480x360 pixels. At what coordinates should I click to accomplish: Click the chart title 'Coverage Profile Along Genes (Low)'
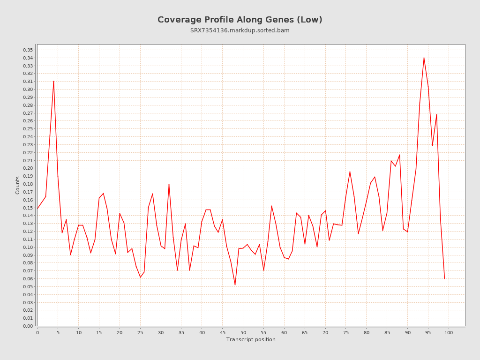coord(240,20)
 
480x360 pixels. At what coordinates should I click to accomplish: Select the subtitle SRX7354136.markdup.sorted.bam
coord(240,30)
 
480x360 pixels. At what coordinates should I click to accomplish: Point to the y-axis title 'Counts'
coord(18,185)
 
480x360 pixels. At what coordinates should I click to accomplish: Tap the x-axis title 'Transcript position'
coord(251,339)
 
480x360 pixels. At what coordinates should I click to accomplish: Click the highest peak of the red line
coord(424,58)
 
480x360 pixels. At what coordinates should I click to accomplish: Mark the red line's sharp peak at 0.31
coord(53,81)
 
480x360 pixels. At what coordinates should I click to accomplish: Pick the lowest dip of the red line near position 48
coord(235,285)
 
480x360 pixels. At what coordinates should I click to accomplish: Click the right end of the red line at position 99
coord(444,278)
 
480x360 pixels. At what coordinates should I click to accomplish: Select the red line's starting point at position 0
coord(37,208)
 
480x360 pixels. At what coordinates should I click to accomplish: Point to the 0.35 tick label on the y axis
coord(28,50)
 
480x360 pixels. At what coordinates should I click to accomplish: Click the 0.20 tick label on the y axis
coord(28,168)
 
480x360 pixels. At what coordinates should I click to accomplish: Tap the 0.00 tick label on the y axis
coord(28,326)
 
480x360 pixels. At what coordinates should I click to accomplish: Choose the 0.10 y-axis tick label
coord(28,247)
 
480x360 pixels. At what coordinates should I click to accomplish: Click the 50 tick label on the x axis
coord(243,333)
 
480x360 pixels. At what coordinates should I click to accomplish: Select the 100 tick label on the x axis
coord(449,333)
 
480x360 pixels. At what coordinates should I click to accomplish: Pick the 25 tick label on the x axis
coord(140,333)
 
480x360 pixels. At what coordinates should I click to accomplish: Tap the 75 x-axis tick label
coord(346,333)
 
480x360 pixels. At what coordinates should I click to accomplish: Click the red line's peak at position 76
coord(350,172)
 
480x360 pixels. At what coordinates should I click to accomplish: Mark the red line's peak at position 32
coord(169,184)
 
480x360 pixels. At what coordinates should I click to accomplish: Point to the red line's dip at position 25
coord(140,277)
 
